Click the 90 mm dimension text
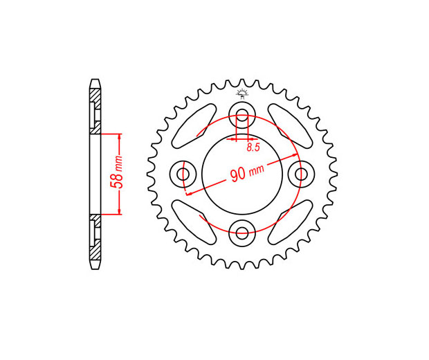pos(247,172)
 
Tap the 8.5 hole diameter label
pos(253,147)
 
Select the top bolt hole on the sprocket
pos(242,114)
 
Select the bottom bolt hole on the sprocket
pos(242,233)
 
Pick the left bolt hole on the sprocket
pos(183,174)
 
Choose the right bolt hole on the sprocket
pos(301,174)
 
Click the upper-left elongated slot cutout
pos(194,126)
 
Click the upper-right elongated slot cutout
pos(291,126)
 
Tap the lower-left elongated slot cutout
pos(194,222)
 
